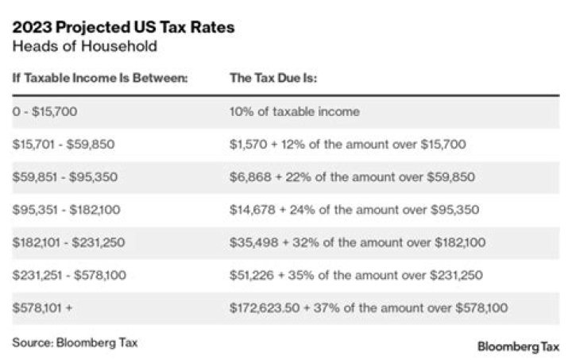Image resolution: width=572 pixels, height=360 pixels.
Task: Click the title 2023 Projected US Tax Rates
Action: pos(123,27)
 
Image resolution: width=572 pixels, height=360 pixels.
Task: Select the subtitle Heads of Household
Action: pos(84,46)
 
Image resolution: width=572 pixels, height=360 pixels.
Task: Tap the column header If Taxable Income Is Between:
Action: pos(99,79)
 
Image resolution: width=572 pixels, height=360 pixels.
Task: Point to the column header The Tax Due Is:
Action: pos(273,79)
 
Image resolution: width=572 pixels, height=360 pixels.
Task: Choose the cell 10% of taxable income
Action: pos(294,111)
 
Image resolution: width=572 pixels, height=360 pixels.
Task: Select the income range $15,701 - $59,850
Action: pos(64,144)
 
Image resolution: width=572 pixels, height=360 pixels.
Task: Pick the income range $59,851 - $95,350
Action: pos(64,176)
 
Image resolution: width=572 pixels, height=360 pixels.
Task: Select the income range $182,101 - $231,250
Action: pos(70,242)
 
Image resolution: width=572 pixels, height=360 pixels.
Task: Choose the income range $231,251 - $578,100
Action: pos(70,275)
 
